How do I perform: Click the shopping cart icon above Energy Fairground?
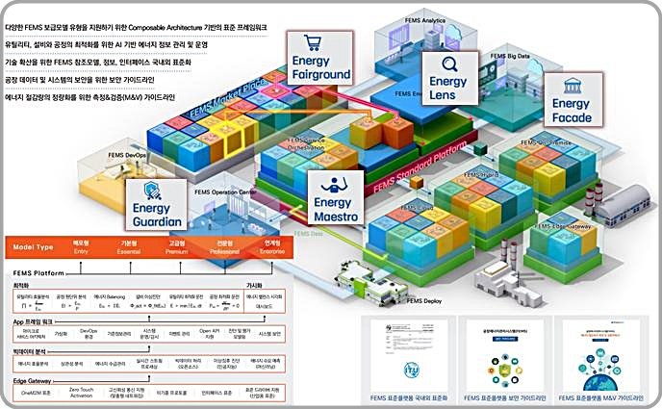[x=312, y=43]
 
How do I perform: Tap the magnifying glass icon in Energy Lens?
[x=447, y=64]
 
